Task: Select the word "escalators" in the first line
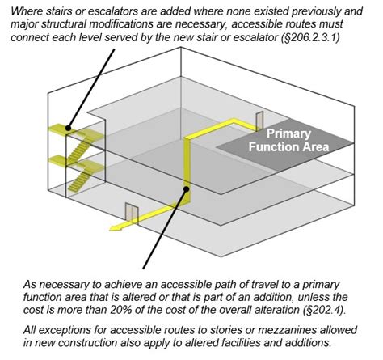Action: point(105,10)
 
